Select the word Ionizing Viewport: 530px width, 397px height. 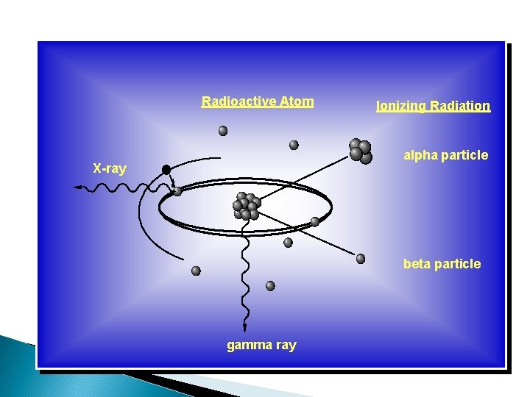[x=401, y=106]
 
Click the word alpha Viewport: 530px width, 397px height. [x=420, y=155]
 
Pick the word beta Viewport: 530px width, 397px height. [x=417, y=264]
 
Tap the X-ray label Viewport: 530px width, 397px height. [x=109, y=168]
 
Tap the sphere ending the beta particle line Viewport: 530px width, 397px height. [x=361, y=258]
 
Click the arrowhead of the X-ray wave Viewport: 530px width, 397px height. [x=77, y=188]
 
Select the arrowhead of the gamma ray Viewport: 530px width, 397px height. [x=244, y=328]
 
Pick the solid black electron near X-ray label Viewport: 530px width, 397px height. [x=166, y=170]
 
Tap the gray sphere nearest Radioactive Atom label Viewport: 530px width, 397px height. [x=223, y=131]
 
